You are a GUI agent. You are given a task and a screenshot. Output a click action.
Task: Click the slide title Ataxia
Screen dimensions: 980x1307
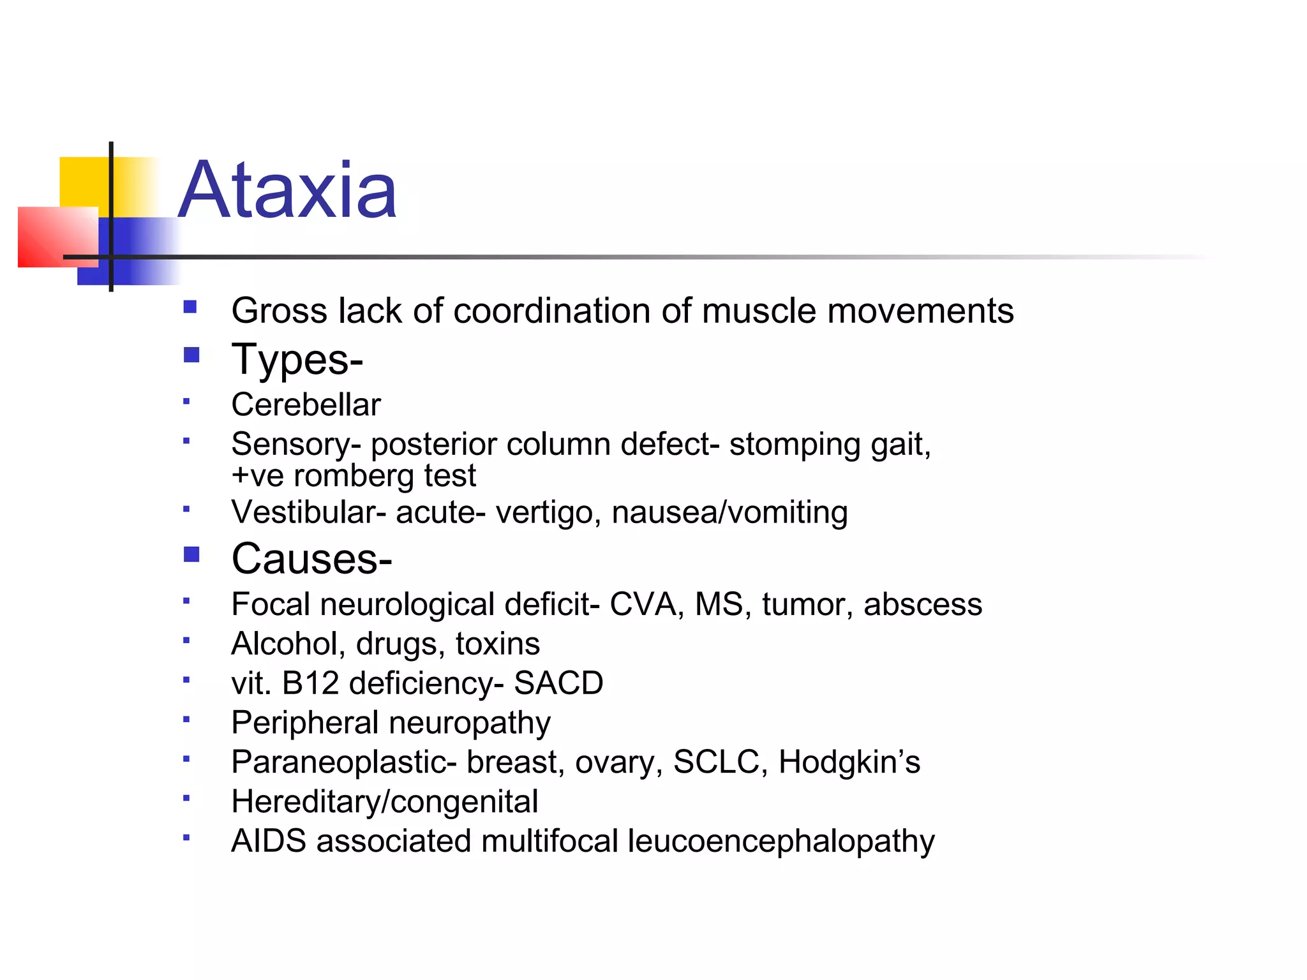288,191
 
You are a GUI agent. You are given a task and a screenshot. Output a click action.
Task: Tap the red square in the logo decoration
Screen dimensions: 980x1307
51,236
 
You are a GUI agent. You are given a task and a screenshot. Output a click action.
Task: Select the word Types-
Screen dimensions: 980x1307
297,359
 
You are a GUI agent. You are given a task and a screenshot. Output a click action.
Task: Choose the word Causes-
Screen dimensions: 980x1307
311,559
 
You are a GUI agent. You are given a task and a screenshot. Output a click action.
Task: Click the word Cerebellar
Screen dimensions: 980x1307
306,405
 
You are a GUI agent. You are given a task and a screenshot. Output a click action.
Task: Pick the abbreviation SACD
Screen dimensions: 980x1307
558,683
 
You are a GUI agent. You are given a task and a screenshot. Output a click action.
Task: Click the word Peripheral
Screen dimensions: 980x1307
305,723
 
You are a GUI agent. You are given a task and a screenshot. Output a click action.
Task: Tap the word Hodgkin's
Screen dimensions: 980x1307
849,762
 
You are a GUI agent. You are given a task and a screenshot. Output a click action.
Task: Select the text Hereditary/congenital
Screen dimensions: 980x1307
385,802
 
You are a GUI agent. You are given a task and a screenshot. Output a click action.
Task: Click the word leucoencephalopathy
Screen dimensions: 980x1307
781,842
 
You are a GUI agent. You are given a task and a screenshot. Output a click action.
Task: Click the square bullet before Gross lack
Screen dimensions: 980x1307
190,308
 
